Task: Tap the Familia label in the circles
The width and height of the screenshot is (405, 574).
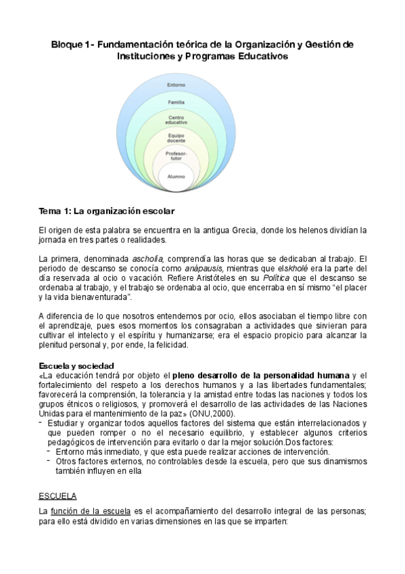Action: click(176, 102)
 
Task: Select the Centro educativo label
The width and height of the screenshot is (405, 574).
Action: click(176, 120)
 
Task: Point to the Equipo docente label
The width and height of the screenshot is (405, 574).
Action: click(176, 138)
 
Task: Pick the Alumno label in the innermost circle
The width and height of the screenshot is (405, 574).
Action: click(176, 176)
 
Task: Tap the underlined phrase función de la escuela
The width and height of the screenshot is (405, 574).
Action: click(87, 510)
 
